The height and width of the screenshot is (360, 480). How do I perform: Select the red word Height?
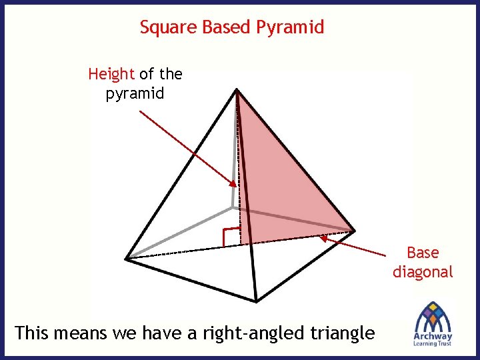click(x=111, y=73)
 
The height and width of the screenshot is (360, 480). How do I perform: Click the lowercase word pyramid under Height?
click(x=135, y=93)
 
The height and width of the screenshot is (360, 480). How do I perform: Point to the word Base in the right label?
click(x=423, y=253)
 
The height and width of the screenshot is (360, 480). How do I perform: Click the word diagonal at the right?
click(x=423, y=272)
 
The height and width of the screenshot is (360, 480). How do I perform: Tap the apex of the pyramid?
click(x=237, y=89)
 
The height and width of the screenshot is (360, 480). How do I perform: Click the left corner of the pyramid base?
click(x=127, y=257)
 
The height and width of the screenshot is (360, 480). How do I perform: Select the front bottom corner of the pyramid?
click(x=256, y=301)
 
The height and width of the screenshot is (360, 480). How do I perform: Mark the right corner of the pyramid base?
click(x=354, y=231)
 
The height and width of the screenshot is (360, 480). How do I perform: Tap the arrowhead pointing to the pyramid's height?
click(x=233, y=185)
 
